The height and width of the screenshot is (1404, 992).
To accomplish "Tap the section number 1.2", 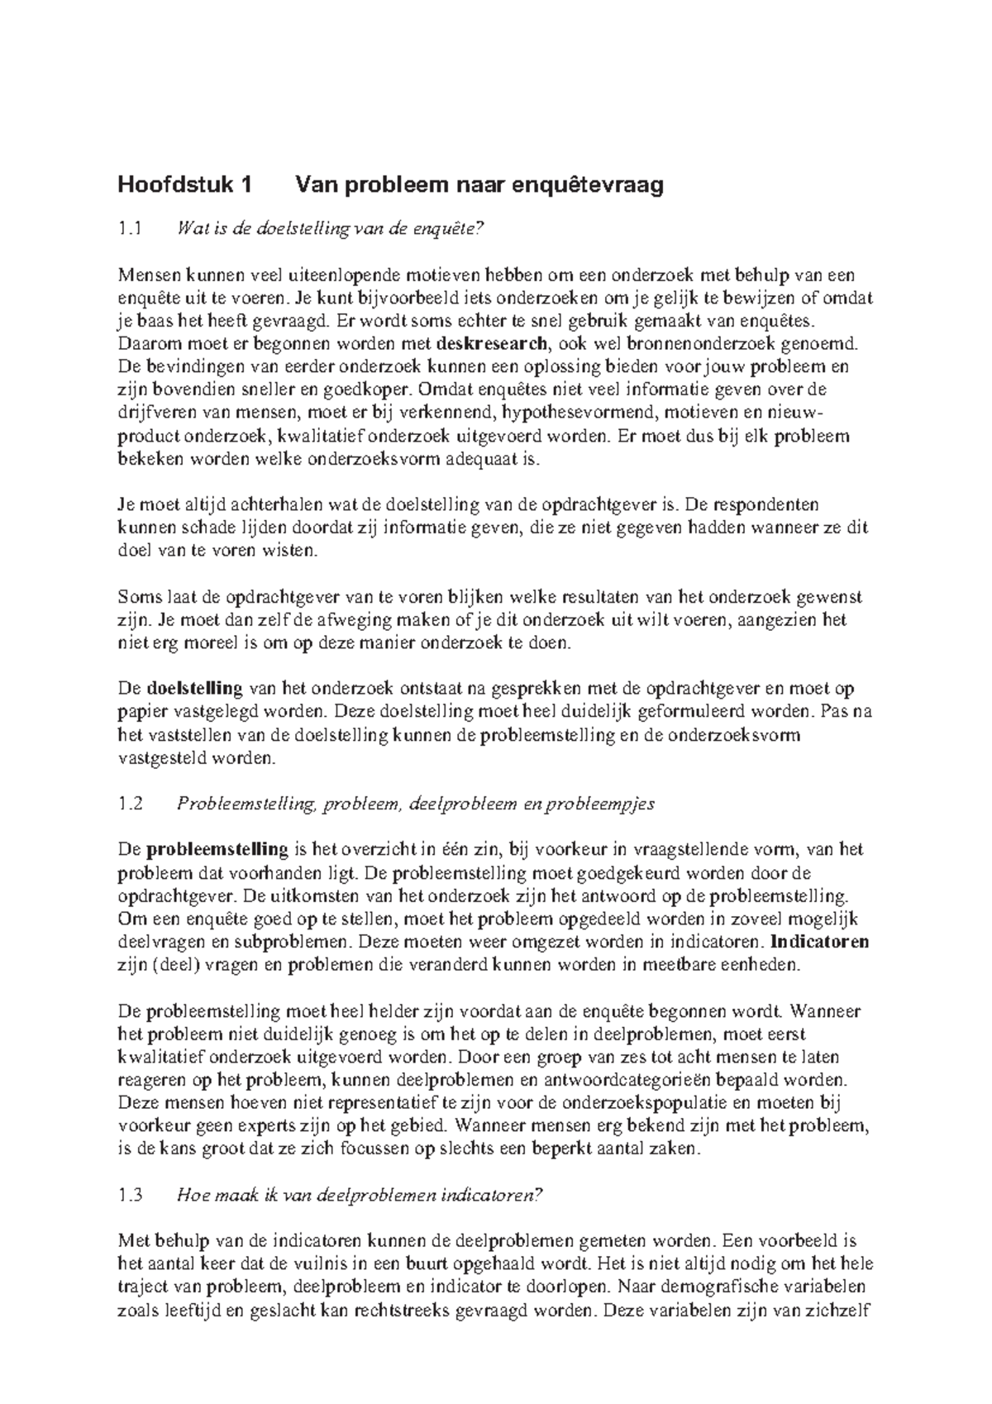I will (x=131, y=803).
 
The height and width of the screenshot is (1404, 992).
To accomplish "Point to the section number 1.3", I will (x=131, y=1195).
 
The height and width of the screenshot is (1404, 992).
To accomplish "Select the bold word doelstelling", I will (x=194, y=688).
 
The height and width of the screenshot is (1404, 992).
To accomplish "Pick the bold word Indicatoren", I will (x=818, y=942).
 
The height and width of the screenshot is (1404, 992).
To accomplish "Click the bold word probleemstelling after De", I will (x=217, y=849).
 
